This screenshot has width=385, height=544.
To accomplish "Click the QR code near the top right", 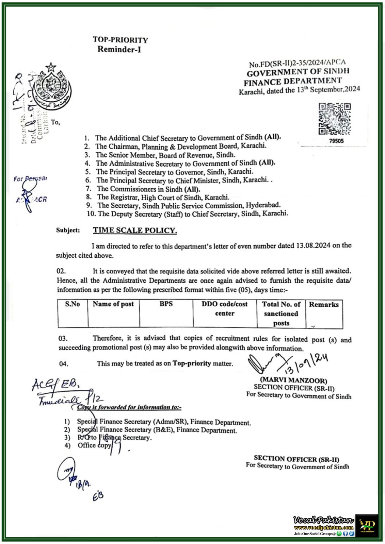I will click(x=334, y=119).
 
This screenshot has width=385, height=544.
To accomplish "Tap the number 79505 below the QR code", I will click(x=336, y=141).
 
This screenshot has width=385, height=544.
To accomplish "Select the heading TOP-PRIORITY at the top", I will click(x=120, y=40).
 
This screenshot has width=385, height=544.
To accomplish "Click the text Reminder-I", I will click(x=119, y=49).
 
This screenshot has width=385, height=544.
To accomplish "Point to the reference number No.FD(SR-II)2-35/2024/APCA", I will click(x=297, y=63).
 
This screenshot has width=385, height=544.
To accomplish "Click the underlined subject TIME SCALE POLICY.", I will click(x=135, y=231).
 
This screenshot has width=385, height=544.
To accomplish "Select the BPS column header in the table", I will click(x=166, y=304).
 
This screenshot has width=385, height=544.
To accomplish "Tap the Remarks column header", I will click(x=323, y=305).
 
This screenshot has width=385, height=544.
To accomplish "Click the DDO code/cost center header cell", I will click(x=225, y=308).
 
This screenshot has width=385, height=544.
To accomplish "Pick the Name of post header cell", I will click(x=113, y=304).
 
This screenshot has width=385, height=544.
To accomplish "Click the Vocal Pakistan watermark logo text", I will click(x=323, y=520).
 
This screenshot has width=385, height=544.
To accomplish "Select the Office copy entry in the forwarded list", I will click(x=94, y=445).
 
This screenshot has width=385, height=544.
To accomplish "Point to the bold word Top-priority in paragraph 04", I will click(x=192, y=363).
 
